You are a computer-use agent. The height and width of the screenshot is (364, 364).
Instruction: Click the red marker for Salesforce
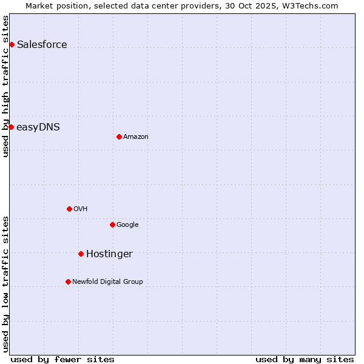point(12,44)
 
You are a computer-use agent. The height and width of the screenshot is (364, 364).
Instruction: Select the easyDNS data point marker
point(11,127)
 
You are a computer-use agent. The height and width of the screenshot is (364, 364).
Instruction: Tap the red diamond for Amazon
point(119,136)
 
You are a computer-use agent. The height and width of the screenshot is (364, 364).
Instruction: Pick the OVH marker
point(69,209)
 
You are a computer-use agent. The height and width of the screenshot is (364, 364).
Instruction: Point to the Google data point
point(112,224)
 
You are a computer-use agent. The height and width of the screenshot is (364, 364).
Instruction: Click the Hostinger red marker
point(81,254)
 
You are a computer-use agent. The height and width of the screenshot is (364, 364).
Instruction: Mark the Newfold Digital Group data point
point(68,281)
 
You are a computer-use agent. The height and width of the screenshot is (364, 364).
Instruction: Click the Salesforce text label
point(42,44)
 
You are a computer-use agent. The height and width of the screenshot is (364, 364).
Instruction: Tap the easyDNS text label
point(38,127)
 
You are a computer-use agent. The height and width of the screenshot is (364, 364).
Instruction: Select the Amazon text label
point(136,137)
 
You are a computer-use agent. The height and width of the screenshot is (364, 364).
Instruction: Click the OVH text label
point(81,209)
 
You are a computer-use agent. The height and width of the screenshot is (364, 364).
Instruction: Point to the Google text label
point(127,225)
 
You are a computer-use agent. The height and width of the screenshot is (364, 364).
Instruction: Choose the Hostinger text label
point(109,254)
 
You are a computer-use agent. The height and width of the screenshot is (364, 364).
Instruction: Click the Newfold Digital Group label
point(107,281)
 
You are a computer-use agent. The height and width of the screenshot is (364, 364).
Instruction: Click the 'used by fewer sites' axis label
point(62,359)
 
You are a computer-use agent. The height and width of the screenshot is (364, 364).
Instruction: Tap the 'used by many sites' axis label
point(305,359)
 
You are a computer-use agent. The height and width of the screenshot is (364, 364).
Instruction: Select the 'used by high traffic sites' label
point(5,86)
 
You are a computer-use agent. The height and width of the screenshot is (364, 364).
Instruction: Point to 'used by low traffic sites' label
point(5,283)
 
